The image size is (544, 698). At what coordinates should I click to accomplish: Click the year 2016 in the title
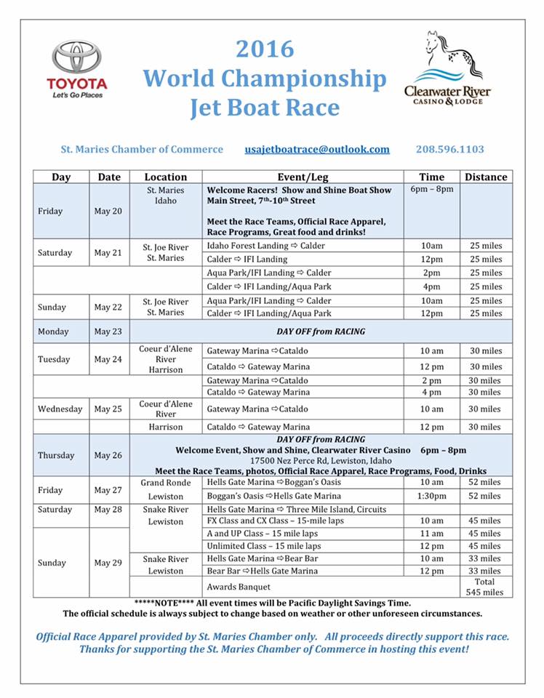click(x=265, y=49)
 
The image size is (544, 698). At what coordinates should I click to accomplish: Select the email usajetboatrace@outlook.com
click(x=317, y=149)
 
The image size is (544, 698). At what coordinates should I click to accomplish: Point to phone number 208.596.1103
click(x=449, y=149)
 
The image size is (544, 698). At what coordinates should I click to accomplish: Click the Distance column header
click(x=486, y=177)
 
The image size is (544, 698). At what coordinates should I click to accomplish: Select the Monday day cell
click(x=55, y=332)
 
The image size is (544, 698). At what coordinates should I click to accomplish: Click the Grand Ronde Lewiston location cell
click(x=166, y=489)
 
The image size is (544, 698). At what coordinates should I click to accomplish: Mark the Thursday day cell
click(x=56, y=455)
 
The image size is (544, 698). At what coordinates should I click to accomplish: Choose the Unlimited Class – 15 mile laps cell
click(x=264, y=546)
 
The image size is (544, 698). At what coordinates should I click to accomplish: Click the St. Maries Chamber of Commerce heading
click(x=143, y=149)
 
